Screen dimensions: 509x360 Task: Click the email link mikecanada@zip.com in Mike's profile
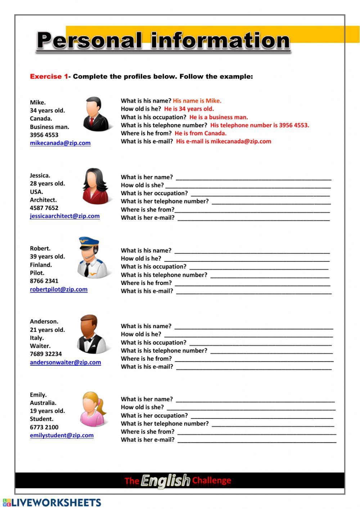pos(60,143)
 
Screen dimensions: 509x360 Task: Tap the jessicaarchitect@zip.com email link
pos(65,216)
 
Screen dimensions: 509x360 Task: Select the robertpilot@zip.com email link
pos(59,289)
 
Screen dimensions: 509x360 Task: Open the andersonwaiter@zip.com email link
pos(66,362)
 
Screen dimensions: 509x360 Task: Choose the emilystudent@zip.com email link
pos(62,435)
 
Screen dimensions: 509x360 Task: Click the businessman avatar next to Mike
pos(95,115)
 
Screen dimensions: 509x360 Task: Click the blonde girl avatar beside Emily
pos(93,409)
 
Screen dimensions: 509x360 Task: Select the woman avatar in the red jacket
pos(95,187)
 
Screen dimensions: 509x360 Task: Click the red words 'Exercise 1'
pos(49,76)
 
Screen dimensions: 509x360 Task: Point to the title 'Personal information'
pos(163,41)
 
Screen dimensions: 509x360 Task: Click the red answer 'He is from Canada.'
pos(201,133)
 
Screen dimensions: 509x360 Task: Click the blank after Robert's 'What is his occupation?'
pos(258,267)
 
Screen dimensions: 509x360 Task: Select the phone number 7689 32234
pos(46,354)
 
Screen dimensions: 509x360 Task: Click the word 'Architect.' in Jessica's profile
pos(43,200)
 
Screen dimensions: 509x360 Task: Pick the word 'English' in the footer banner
pos(165,480)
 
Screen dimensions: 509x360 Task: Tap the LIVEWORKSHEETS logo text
pos(56,503)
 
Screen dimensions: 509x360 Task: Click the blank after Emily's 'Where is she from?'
pos(256,432)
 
